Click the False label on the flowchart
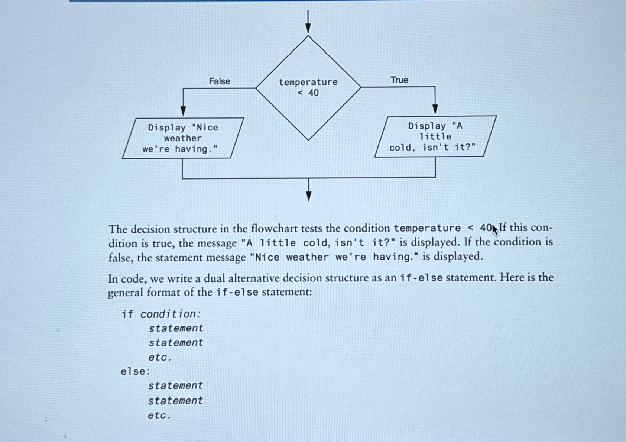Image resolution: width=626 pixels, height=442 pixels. (x=220, y=81)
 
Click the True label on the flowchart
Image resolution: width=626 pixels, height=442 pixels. (x=399, y=80)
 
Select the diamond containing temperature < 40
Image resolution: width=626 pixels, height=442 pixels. (x=308, y=88)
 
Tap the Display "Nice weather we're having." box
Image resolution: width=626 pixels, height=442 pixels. (x=183, y=138)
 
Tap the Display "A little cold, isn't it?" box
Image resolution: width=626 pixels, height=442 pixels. (x=435, y=137)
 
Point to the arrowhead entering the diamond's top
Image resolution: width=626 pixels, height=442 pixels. (x=308, y=29)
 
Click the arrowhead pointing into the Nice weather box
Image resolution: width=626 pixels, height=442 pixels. (x=183, y=111)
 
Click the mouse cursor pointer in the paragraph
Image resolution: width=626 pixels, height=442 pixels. (x=495, y=230)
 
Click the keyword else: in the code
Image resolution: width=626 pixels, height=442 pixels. (x=135, y=371)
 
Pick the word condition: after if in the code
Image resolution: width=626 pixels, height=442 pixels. (x=171, y=314)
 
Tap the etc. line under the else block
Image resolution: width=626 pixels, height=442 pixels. (x=159, y=415)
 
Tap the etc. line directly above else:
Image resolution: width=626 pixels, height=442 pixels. (x=160, y=357)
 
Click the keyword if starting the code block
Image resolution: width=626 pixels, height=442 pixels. (x=127, y=314)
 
